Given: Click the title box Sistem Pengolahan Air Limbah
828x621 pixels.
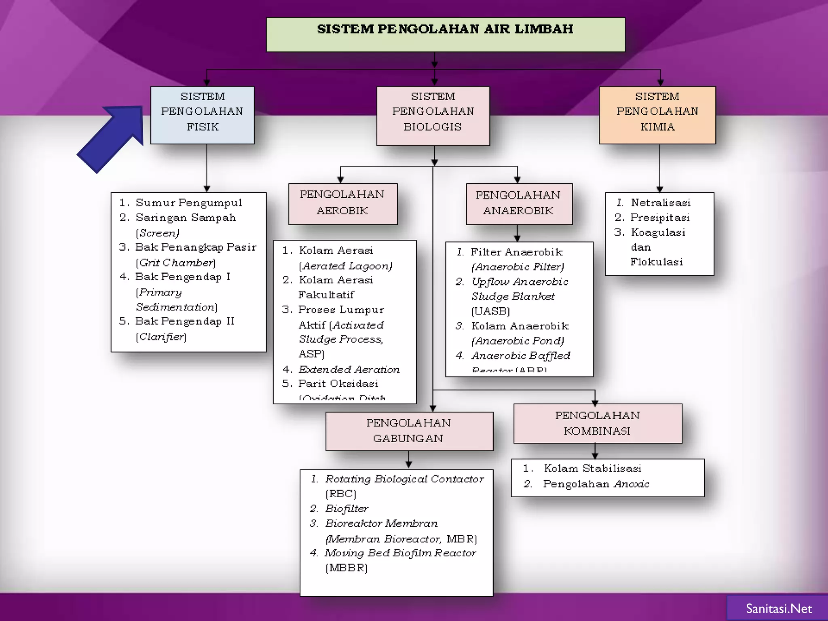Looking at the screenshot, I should (x=445, y=34).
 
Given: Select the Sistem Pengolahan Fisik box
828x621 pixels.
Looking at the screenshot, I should (x=202, y=115).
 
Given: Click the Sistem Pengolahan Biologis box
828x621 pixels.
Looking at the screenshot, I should (x=433, y=116).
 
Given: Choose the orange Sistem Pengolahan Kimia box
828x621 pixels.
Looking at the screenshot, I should (x=657, y=115).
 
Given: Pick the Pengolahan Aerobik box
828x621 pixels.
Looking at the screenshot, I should (x=342, y=203).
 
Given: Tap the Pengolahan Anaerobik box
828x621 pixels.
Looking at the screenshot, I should (x=519, y=203).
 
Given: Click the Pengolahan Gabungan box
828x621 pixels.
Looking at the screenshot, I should (x=409, y=431).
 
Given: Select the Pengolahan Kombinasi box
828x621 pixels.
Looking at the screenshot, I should (x=597, y=423).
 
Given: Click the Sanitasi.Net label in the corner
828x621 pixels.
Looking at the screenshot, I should (x=778, y=608).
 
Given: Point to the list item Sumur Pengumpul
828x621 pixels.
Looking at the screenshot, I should (x=188, y=203).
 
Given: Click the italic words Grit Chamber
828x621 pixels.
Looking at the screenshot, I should (x=176, y=263).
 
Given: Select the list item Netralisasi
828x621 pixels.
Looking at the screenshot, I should (x=660, y=203).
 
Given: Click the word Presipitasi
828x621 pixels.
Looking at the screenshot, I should (x=659, y=218).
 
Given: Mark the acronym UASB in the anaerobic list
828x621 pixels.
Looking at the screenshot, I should (x=490, y=311).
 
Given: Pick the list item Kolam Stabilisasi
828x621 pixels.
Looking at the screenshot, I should (x=592, y=468).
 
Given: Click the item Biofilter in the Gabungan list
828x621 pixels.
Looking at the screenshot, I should (x=346, y=509).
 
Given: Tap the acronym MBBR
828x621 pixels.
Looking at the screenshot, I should (x=346, y=568).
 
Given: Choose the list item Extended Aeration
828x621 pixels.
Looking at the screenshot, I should (x=349, y=369).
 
